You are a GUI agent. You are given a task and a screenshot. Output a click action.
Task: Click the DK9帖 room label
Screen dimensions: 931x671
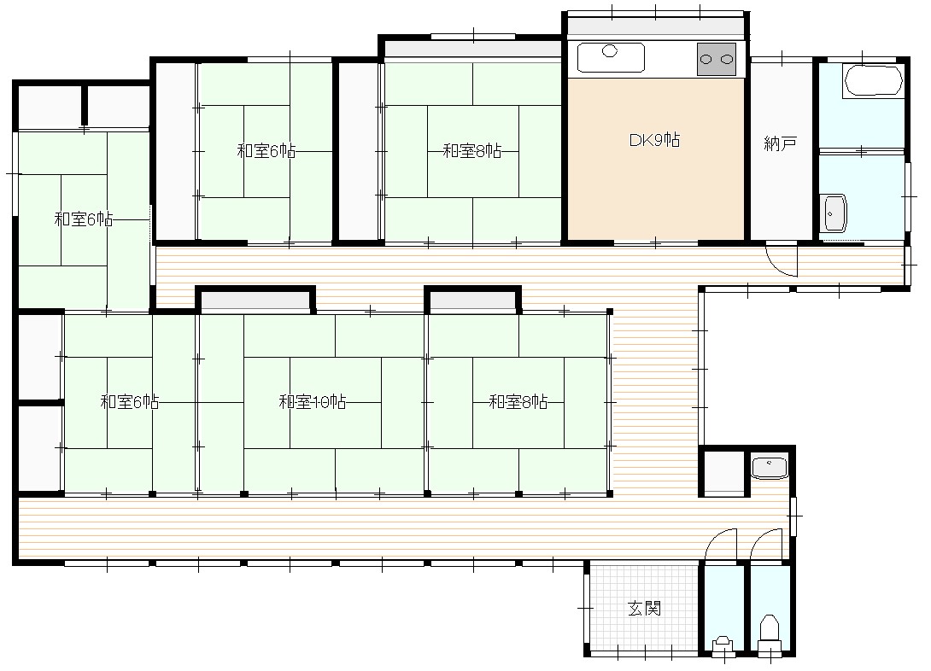654,140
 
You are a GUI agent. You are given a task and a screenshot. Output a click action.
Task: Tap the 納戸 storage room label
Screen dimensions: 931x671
780,143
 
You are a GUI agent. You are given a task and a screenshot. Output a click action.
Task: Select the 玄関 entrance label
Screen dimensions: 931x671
644,608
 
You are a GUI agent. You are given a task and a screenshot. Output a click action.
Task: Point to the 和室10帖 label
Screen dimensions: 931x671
313,401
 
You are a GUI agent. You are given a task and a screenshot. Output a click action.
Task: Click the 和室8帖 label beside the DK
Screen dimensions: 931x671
472,151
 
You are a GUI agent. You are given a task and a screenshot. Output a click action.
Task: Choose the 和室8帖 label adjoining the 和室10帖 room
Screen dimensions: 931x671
518,401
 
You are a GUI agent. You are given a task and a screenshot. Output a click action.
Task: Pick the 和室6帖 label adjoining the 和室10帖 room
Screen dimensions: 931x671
130,401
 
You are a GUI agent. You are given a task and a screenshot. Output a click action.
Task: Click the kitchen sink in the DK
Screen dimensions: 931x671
611,57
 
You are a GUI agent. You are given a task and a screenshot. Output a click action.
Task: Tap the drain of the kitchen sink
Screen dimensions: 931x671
610,51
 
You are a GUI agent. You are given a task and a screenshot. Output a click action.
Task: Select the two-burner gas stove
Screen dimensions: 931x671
716,59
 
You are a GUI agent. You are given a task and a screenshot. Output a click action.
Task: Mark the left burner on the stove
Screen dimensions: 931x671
706,59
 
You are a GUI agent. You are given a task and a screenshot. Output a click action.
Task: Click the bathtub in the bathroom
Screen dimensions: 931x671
873,80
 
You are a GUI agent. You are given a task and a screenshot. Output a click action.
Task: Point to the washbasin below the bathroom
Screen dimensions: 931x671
834,213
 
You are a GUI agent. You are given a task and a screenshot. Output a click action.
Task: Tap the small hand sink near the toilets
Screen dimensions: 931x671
770,466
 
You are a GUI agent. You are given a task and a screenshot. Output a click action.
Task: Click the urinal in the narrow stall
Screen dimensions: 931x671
723,645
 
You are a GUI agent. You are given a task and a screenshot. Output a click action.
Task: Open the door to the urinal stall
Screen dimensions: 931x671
721,545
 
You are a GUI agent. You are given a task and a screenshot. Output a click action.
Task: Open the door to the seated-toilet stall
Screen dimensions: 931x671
766,545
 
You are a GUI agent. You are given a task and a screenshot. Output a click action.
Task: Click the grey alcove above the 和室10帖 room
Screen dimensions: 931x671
255,300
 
